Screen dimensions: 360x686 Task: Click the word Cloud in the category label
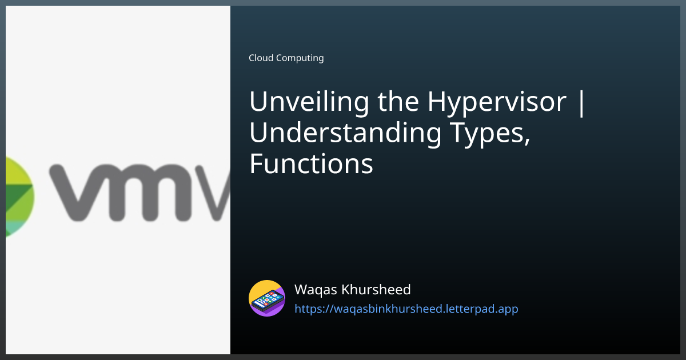coord(261,58)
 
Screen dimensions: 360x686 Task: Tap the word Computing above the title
coord(300,58)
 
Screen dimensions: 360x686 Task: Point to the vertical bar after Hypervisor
coord(582,103)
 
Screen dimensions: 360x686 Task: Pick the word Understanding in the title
coord(345,134)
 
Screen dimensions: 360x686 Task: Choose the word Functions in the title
coord(311,165)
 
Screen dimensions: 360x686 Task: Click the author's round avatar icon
coord(267,298)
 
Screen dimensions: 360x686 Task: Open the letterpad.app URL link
coord(406,309)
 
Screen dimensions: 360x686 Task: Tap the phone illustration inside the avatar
coord(267,299)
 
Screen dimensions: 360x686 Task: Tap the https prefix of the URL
coord(309,309)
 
